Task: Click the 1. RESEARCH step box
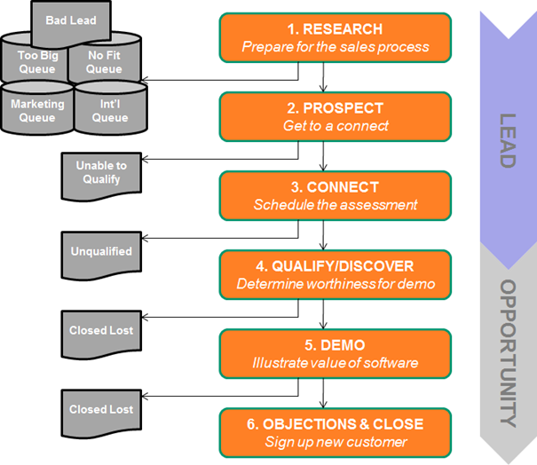coord(324,37)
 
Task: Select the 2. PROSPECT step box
coord(324,116)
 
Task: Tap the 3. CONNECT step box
coord(324,195)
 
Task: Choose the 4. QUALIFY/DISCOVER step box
coord(324,274)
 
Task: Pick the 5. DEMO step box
coord(324,353)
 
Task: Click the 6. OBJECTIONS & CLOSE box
coord(324,432)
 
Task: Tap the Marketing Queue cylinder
coord(36,110)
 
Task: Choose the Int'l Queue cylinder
coord(109,110)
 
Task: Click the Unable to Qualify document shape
coord(101,174)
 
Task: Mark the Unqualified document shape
coord(101,252)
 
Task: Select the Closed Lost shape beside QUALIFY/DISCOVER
coord(101,331)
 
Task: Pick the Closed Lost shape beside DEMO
coord(101,410)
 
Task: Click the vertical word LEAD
coord(507,140)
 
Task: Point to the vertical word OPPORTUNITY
coord(507,352)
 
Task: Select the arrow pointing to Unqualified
coord(222,238)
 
